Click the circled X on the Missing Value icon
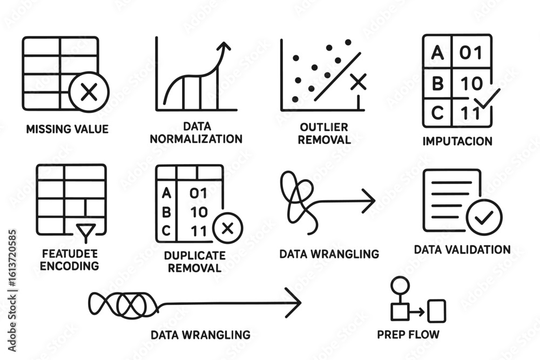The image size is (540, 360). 89,93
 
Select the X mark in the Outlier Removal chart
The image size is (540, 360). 357,82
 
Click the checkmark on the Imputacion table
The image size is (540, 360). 488,99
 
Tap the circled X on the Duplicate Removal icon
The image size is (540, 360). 227,228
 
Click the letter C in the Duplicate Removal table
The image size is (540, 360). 166,229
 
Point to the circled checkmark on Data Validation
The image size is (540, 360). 484,218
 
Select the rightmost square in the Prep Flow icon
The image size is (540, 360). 436,311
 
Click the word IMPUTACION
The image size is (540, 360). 457,141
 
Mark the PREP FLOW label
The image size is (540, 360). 408,335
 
